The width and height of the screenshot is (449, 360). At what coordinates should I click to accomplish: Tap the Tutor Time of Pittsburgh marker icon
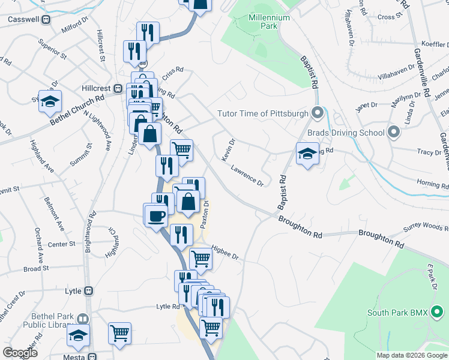pyautogui.click(x=318, y=113)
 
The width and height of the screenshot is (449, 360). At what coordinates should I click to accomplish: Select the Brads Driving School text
pyautogui.click(x=345, y=132)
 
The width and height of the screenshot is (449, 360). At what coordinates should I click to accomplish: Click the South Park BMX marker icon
pyautogui.click(x=440, y=312)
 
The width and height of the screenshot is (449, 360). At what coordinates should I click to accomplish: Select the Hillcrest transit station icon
pyautogui.click(x=118, y=88)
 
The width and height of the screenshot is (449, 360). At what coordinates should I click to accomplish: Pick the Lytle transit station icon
pyautogui.click(x=88, y=291)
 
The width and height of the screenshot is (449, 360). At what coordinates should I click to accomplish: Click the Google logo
pyautogui.click(x=20, y=353)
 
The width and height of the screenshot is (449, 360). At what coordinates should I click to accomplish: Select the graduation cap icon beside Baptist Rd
pyautogui.click(x=307, y=154)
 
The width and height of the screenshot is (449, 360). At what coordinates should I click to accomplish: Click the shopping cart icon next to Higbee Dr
pyautogui.click(x=200, y=259)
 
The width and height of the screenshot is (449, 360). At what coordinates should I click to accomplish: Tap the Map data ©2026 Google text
pyautogui.click(x=411, y=355)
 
